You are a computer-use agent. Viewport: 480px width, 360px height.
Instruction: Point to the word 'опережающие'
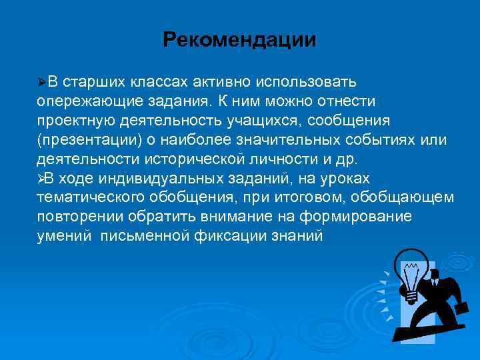tap(79, 101)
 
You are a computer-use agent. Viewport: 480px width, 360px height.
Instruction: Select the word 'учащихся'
tap(260, 120)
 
